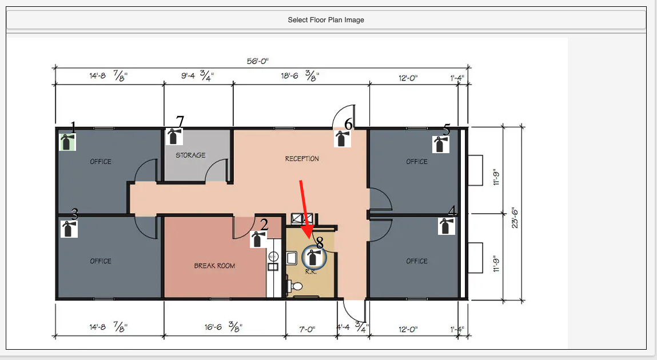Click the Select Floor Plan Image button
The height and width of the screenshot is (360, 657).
pyautogui.click(x=326, y=19)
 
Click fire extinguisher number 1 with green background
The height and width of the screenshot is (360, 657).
pyautogui.click(x=67, y=142)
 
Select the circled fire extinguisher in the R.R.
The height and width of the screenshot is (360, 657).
pyautogui.click(x=314, y=258)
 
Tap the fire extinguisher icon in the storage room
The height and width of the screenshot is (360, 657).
pyautogui.click(x=174, y=137)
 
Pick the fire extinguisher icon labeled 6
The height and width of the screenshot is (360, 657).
pyautogui.click(x=343, y=138)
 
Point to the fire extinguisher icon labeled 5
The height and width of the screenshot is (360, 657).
pyautogui.click(x=441, y=145)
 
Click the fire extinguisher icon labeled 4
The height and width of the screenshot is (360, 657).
pyautogui.click(x=447, y=226)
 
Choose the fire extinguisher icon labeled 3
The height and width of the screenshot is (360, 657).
pyautogui.click(x=69, y=229)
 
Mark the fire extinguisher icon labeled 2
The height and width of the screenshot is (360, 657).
pyautogui.click(x=258, y=239)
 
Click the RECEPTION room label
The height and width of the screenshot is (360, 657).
pyautogui.click(x=302, y=159)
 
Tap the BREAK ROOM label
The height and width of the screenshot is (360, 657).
pyautogui.click(x=214, y=265)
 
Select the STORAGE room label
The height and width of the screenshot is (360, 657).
pyautogui.click(x=190, y=155)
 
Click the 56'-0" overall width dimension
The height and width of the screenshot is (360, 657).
pyautogui.click(x=258, y=61)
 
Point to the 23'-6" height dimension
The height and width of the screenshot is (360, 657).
pyautogui.click(x=515, y=218)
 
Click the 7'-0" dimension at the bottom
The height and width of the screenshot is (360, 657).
pyautogui.click(x=307, y=330)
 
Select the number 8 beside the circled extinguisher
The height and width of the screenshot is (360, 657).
pyautogui.click(x=320, y=242)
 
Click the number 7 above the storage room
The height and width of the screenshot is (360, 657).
pyautogui.click(x=180, y=121)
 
